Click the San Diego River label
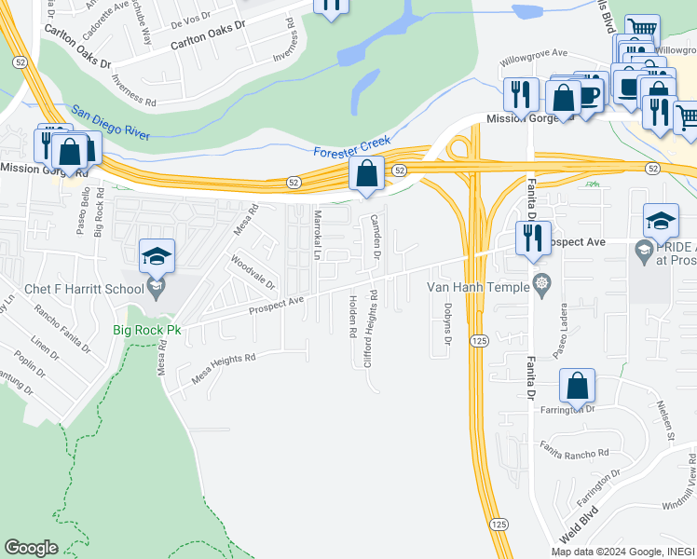[110, 122]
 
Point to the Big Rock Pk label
[146, 330]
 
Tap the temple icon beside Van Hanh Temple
[539, 282]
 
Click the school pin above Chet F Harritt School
[157, 256]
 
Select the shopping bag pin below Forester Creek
[367, 173]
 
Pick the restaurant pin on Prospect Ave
[533, 239]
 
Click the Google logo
[31, 548]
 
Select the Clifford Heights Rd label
[371, 327]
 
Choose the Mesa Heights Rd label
[223, 366]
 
